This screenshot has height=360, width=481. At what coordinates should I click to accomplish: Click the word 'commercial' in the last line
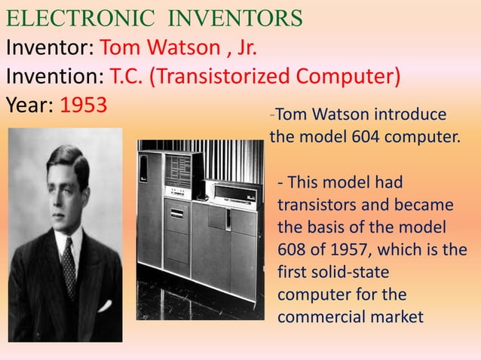pyautogui.click(x=322, y=317)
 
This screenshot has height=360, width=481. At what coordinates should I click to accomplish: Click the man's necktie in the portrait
pyautogui.click(x=69, y=267)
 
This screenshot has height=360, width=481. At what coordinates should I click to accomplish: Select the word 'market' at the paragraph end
pyautogui.click(x=397, y=317)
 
